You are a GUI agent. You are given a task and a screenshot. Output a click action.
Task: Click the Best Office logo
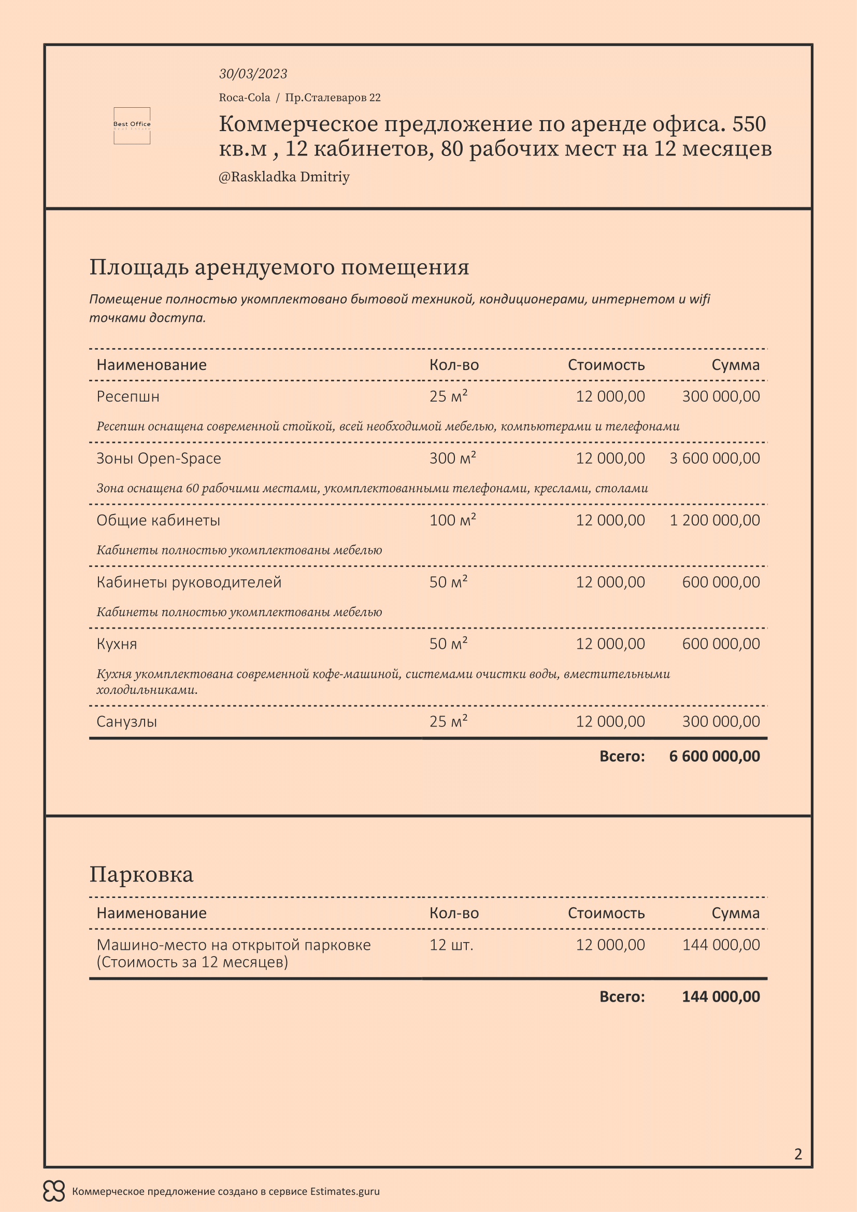point(132,125)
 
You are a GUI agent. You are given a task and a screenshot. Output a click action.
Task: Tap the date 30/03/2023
point(253,74)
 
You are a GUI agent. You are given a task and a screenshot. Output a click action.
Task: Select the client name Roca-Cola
point(245,97)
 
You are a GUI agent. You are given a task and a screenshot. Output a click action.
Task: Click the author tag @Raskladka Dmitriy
point(284,177)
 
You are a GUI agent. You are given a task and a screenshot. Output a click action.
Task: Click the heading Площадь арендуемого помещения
point(279,267)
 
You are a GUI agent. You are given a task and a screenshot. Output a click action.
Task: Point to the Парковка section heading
point(141,875)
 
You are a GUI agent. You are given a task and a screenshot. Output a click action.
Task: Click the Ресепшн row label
point(127,396)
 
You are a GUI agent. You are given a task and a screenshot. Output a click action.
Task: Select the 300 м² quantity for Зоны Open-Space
point(452,458)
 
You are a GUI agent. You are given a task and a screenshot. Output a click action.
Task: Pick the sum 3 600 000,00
point(715,458)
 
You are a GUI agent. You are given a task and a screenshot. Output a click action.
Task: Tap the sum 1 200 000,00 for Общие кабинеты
point(715,520)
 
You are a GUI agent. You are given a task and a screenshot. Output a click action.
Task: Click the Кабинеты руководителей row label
point(189,582)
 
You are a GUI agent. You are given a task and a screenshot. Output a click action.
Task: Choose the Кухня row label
point(117,644)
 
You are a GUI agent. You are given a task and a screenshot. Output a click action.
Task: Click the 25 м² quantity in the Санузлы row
point(448,722)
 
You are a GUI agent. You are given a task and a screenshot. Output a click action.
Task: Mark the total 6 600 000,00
point(715,757)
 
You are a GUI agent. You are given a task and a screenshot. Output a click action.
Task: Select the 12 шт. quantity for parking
point(451,945)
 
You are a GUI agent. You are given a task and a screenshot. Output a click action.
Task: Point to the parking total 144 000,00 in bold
point(721,996)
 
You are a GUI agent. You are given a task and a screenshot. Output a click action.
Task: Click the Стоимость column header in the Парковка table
point(606,913)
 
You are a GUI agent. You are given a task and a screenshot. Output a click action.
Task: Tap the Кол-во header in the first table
point(454,365)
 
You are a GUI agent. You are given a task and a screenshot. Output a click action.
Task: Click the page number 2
point(798,1154)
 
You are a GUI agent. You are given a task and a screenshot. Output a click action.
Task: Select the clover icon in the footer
point(54,1191)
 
